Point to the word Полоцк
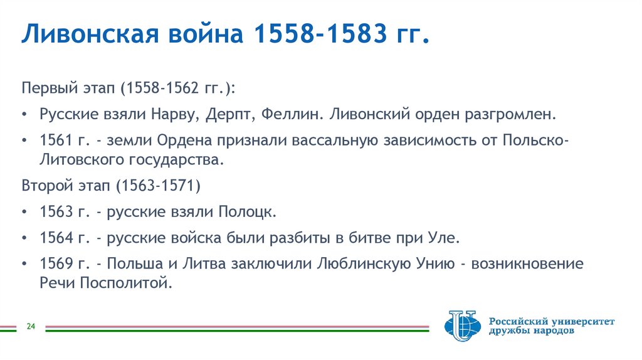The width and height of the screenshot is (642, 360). [246, 211]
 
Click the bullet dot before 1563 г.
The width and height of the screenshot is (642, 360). [24, 212]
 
